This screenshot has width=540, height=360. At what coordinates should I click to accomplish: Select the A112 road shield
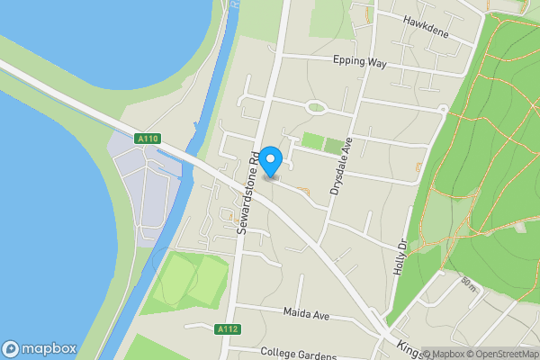228,330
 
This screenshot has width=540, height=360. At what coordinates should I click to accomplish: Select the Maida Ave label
308,312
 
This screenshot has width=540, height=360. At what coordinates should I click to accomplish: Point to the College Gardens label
297,351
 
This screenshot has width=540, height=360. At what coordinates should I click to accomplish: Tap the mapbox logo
40,348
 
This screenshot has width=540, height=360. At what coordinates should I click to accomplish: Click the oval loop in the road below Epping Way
317,108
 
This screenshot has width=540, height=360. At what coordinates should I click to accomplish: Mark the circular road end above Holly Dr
442,108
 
